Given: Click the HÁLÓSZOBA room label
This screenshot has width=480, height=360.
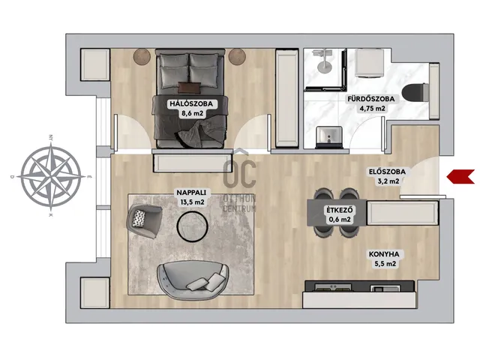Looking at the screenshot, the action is (191, 103).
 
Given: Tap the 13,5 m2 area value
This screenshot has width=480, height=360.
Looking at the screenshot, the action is (190, 202).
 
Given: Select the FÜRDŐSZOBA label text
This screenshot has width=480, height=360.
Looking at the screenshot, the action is (371, 99).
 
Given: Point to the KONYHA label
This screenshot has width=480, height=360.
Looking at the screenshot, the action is (384, 254).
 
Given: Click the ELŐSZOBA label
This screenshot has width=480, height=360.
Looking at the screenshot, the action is (387, 172).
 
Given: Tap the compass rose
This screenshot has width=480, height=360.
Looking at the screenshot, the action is (52, 177).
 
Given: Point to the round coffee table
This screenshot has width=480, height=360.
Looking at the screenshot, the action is (193, 226).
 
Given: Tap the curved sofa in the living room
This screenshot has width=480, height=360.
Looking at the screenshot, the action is (193, 280).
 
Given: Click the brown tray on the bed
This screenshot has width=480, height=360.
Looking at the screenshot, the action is (189, 88).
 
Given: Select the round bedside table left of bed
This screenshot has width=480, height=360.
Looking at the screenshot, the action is (142, 57).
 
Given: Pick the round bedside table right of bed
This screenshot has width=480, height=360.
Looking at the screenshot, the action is (237, 57).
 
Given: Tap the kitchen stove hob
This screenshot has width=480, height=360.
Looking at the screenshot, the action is (333, 287).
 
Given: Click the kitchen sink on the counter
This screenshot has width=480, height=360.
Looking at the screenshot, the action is (385, 288).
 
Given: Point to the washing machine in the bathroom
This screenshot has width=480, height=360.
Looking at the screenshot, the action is (370, 63).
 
